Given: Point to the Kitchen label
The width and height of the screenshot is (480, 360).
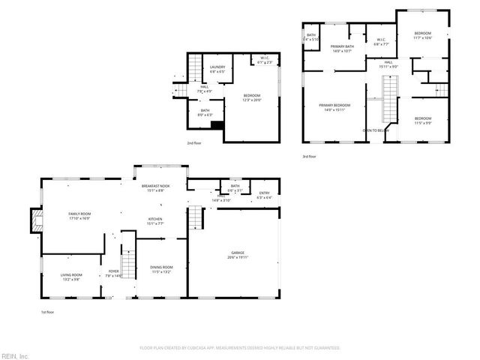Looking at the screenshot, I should [x=156, y=220].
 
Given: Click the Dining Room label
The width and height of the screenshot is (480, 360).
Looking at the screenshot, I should [x=162, y=268].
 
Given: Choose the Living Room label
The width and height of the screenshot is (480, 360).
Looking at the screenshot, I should [x=70, y=276].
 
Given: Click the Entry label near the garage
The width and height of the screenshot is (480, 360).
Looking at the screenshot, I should [x=264, y=195].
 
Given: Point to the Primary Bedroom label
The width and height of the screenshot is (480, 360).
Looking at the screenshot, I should [x=334, y=106].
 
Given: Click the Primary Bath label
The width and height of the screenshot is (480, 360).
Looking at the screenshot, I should [x=342, y=48].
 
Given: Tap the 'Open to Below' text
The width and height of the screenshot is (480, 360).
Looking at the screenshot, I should [x=375, y=130].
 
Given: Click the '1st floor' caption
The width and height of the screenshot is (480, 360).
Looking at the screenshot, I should [x=47, y=312].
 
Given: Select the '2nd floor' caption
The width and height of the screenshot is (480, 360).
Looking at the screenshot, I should [x=194, y=142].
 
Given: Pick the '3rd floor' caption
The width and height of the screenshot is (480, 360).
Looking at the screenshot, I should [x=309, y=157].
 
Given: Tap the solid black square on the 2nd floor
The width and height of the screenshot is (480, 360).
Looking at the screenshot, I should [x=217, y=125].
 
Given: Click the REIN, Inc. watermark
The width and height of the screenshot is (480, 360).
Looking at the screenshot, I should [x=15, y=355].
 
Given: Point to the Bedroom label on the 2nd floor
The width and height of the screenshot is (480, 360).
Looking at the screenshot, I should [x=251, y=97].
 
